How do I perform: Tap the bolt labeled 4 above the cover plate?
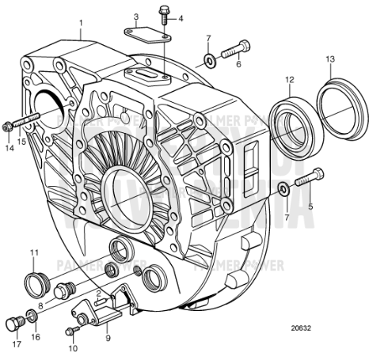click(x=164, y=13)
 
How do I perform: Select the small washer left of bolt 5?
click(x=283, y=188)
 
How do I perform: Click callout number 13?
click(x=331, y=59)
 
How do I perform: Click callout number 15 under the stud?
click(x=22, y=141)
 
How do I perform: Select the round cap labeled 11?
click(x=35, y=282)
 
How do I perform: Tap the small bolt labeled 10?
click(x=73, y=328)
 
